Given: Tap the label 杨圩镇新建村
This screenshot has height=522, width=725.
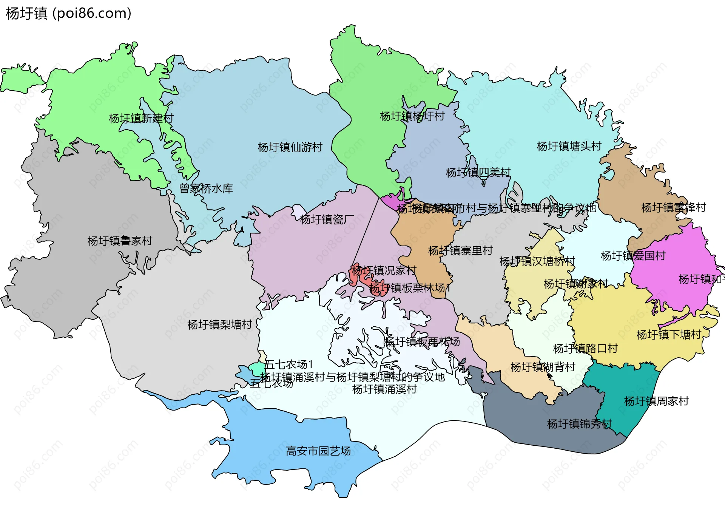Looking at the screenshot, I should (x=141, y=119).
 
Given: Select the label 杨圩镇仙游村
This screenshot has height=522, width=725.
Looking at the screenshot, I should (x=290, y=147).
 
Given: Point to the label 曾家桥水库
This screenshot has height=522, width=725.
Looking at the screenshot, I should (x=206, y=188).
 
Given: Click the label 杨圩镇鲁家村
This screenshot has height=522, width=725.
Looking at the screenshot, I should (x=120, y=241).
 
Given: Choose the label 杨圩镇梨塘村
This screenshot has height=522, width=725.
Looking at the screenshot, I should (x=219, y=325).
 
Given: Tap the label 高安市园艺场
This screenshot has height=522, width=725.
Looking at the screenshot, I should (x=318, y=451).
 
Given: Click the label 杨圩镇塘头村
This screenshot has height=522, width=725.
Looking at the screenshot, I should (x=569, y=146).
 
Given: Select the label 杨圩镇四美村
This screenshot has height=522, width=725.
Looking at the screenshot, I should (x=478, y=173).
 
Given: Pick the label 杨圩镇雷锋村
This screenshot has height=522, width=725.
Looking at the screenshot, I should (x=673, y=208).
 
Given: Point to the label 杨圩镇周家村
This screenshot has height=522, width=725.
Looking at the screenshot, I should (x=656, y=401).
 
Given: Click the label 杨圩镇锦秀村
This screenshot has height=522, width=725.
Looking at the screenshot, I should (x=579, y=424).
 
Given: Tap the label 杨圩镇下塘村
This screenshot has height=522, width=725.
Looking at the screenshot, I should (x=668, y=335).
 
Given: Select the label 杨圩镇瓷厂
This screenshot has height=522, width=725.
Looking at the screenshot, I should (x=327, y=219).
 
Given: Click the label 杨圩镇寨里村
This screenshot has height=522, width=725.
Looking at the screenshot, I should (x=460, y=250).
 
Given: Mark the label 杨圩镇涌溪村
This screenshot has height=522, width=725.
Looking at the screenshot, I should (x=384, y=389).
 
